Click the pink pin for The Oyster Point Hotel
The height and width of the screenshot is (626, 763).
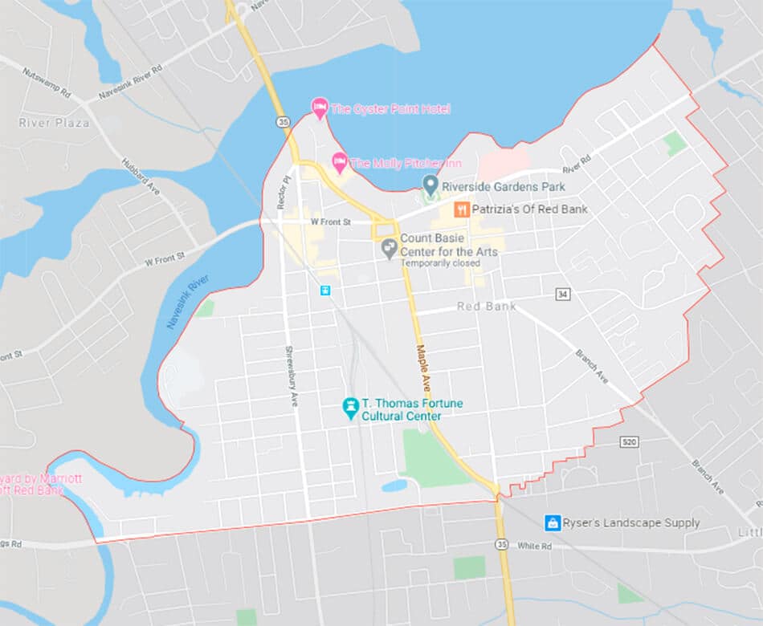coord(320,108)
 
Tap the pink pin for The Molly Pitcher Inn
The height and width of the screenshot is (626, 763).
coord(340,162)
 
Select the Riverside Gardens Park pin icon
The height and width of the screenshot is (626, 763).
coord(430,186)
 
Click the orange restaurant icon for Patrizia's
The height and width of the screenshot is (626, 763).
coord(462,209)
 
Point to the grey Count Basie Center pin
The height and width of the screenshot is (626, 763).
coord(389,248)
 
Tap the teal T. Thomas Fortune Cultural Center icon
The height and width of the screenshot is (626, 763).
coord(350,408)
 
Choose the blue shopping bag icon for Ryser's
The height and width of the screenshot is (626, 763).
coord(553,522)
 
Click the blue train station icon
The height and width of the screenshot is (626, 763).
coord(325,291)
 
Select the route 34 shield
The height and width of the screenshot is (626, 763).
coord(562,295)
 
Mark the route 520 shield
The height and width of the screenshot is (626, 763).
coord(630,442)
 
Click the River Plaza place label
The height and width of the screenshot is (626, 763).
coord(54,123)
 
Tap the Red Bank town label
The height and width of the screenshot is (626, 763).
coord(487,307)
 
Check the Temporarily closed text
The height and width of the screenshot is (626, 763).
coord(440,263)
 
